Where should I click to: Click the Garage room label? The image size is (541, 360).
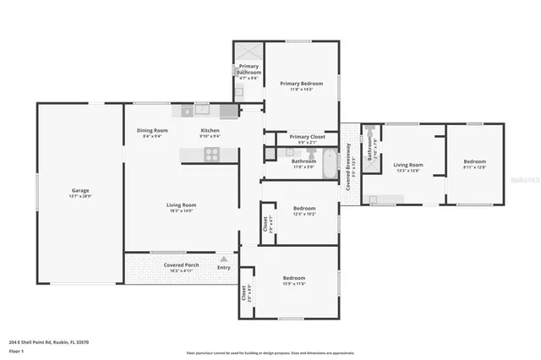[x=80, y=190]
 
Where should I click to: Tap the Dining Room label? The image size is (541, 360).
[x=153, y=130]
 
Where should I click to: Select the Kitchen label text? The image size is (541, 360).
[x=210, y=130]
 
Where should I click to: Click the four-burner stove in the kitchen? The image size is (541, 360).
[x=211, y=154]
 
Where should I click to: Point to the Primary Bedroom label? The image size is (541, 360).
[x=302, y=83]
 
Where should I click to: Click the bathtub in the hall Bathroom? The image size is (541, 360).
[x=327, y=160]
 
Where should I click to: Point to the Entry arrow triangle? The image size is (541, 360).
[x=224, y=259]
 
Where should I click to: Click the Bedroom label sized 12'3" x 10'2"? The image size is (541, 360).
[x=303, y=214]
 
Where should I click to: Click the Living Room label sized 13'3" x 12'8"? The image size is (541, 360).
[x=408, y=165]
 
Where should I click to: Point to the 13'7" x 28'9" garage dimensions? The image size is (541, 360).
[x=80, y=196]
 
